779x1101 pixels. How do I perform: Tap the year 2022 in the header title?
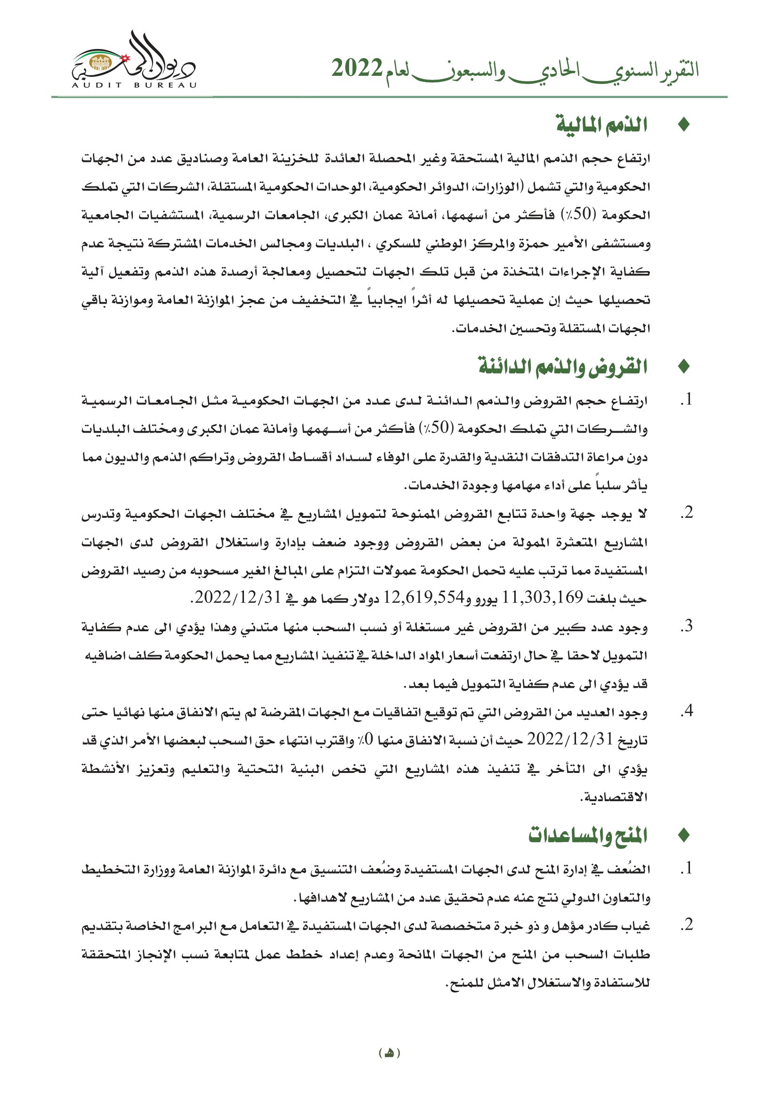[357, 69]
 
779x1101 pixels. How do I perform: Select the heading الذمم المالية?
[601, 125]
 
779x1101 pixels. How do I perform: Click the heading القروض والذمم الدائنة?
[563, 367]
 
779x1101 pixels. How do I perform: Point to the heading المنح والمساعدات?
[588, 835]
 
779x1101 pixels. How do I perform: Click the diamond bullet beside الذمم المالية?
[684, 125]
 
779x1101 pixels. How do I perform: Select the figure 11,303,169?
[542, 597]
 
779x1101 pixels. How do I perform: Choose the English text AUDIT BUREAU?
[134, 85]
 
